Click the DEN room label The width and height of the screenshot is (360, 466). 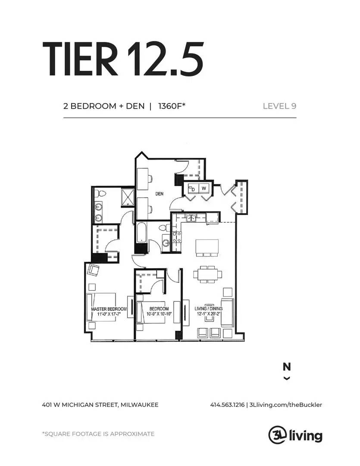(x=160, y=194)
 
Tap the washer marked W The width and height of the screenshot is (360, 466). (x=204, y=188)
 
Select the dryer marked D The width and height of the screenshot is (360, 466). (x=193, y=189)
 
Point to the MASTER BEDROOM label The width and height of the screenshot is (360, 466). (x=109, y=309)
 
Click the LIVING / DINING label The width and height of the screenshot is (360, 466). (x=209, y=309)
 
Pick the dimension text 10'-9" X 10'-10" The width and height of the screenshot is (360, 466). (x=159, y=314)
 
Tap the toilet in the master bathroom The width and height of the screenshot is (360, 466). (x=100, y=194)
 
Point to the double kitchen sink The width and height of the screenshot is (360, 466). (x=191, y=218)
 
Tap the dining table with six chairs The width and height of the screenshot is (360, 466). (x=208, y=274)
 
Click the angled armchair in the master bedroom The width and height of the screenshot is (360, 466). (x=93, y=270)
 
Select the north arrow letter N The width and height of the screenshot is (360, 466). (x=287, y=367)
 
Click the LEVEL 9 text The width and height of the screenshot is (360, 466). (x=279, y=106)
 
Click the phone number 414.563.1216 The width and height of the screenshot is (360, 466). (x=227, y=405)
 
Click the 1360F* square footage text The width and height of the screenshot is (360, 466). (x=172, y=106)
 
